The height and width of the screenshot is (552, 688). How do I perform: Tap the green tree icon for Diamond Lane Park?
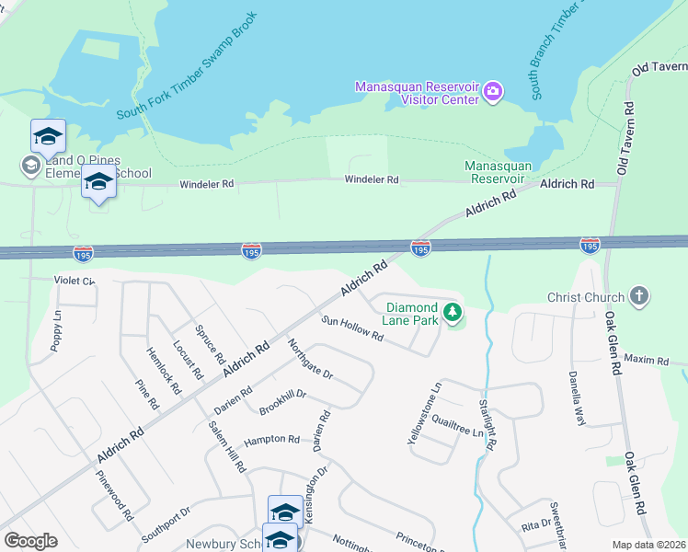pos(452,314)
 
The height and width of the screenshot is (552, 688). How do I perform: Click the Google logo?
pos(30,541)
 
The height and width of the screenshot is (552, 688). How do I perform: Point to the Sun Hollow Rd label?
pos(352,329)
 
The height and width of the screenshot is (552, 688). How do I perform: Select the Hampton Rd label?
pos(272,440)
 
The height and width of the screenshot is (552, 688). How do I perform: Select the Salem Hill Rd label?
pos(227,446)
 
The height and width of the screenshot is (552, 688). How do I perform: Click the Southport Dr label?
pos(166,523)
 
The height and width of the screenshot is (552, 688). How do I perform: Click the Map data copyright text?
pos(649,545)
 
